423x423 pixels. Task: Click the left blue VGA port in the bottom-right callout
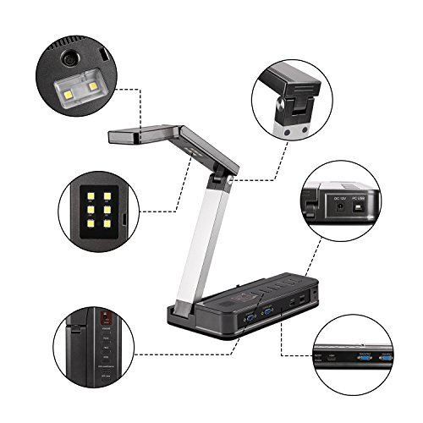click(363, 358)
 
